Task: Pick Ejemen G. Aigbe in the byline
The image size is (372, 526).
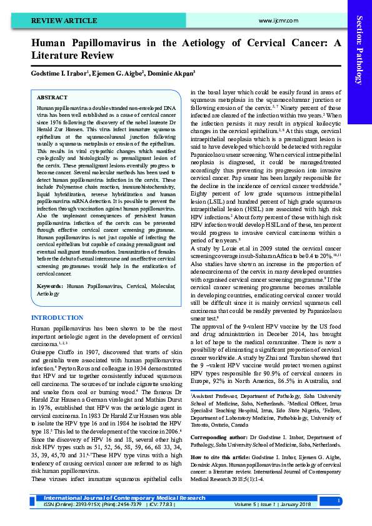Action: pos(119,72)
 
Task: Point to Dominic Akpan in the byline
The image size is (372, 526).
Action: pos(171,72)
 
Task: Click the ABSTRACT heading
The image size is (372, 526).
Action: pos(53,98)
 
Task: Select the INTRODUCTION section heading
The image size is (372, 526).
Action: pos(57,318)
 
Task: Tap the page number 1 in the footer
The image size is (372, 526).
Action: pos(338,500)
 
